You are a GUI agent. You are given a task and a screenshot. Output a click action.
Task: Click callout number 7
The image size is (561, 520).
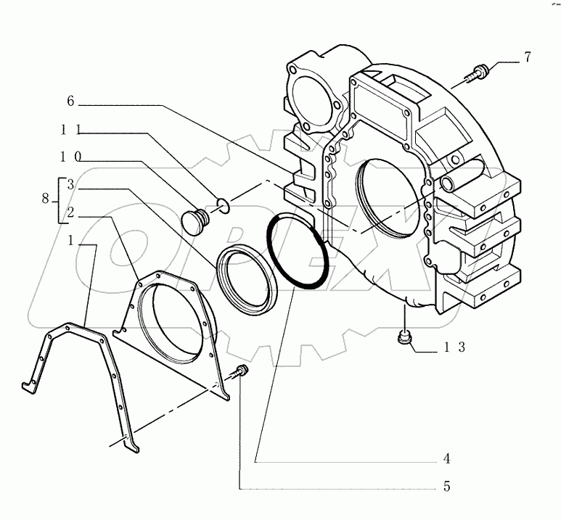[528, 56]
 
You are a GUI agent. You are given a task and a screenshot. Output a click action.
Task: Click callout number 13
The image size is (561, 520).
[455, 347]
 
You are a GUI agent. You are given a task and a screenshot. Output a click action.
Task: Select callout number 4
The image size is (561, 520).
[448, 458]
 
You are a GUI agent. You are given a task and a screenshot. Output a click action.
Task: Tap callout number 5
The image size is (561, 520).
[448, 487]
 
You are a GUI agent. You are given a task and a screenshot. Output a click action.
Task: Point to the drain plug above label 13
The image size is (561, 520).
[404, 337]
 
